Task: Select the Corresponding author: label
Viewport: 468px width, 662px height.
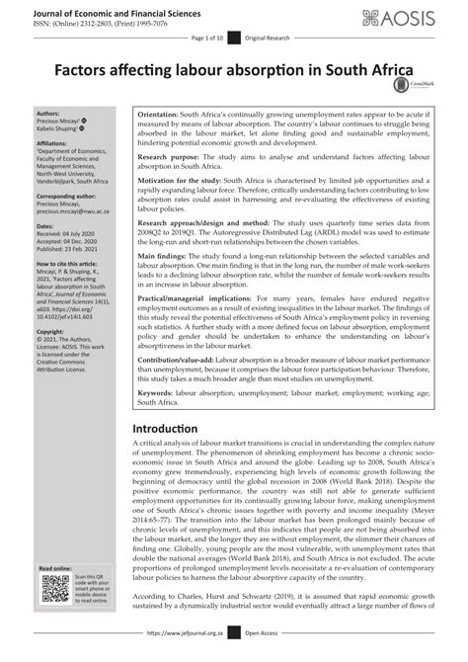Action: pos(66,199)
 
